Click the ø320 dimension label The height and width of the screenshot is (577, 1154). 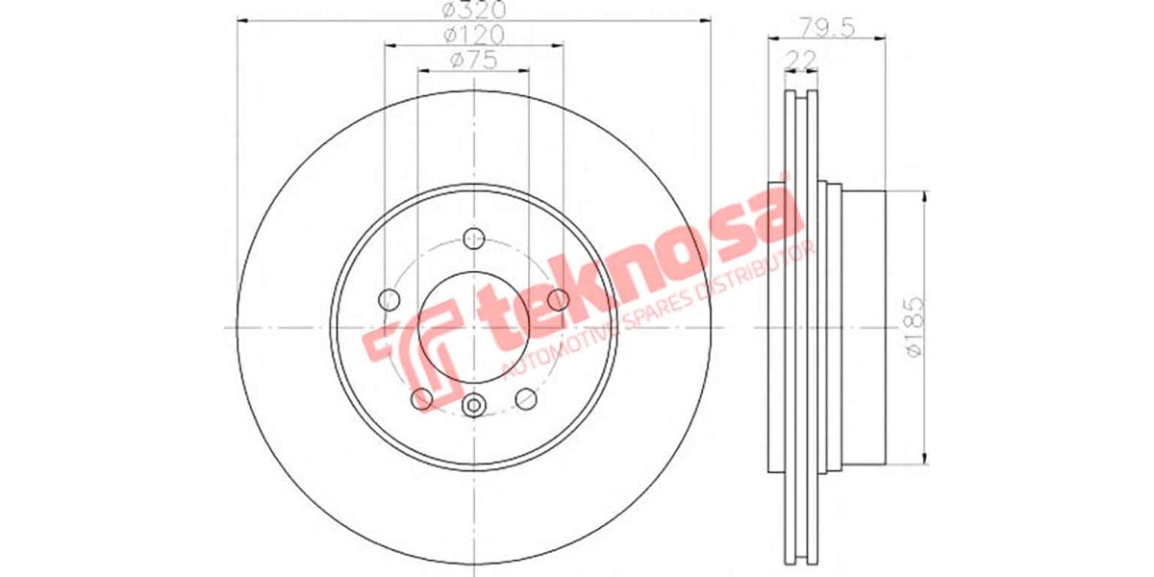pyautogui.click(x=473, y=11)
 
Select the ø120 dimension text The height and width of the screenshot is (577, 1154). pyautogui.click(x=473, y=36)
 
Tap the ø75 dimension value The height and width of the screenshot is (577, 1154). pyautogui.click(x=473, y=61)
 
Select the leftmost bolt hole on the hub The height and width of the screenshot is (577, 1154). pyautogui.click(x=389, y=299)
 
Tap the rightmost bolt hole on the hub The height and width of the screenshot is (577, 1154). pyautogui.click(x=557, y=300)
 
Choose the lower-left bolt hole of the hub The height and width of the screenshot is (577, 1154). pyautogui.click(x=421, y=398)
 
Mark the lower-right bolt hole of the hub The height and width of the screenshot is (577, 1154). pyautogui.click(x=525, y=397)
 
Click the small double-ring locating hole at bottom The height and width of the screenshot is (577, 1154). pyautogui.click(x=472, y=406)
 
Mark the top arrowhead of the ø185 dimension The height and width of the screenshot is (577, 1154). pyautogui.click(x=924, y=196)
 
